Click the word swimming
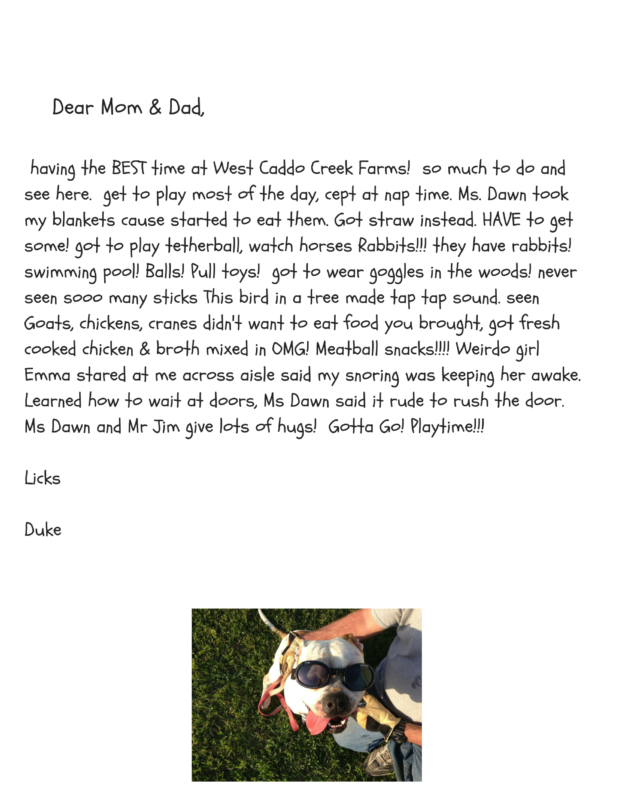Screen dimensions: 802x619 (x=60, y=272)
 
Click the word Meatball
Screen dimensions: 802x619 (x=347, y=349)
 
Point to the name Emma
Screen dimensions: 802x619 (x=47, y=375)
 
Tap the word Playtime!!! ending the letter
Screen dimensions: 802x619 (x=447, y=427)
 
